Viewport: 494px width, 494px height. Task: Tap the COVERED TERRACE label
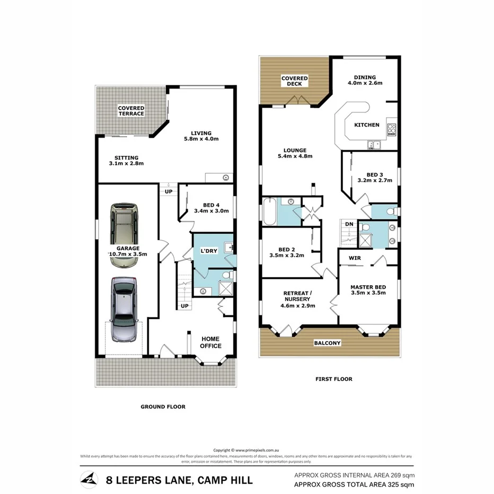(131, 111)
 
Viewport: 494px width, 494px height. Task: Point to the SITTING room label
(126, 161)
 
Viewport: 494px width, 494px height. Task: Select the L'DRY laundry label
(209, 250)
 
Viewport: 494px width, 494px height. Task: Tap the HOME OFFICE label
(210, 342)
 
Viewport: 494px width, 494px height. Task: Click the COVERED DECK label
(294, 81)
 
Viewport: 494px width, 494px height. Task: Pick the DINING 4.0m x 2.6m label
(365, 80)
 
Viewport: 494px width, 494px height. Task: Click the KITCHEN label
(367, 125)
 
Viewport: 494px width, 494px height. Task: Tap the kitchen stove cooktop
(392, 129)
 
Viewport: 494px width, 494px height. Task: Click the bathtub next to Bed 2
(267, 210)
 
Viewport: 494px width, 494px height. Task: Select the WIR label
(355, 259)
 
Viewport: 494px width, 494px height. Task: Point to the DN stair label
(349, 224)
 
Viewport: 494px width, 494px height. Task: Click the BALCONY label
(327, 343)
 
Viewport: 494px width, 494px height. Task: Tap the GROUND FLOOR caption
(163, 407)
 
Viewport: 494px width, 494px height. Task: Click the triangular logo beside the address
(89, 480)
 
